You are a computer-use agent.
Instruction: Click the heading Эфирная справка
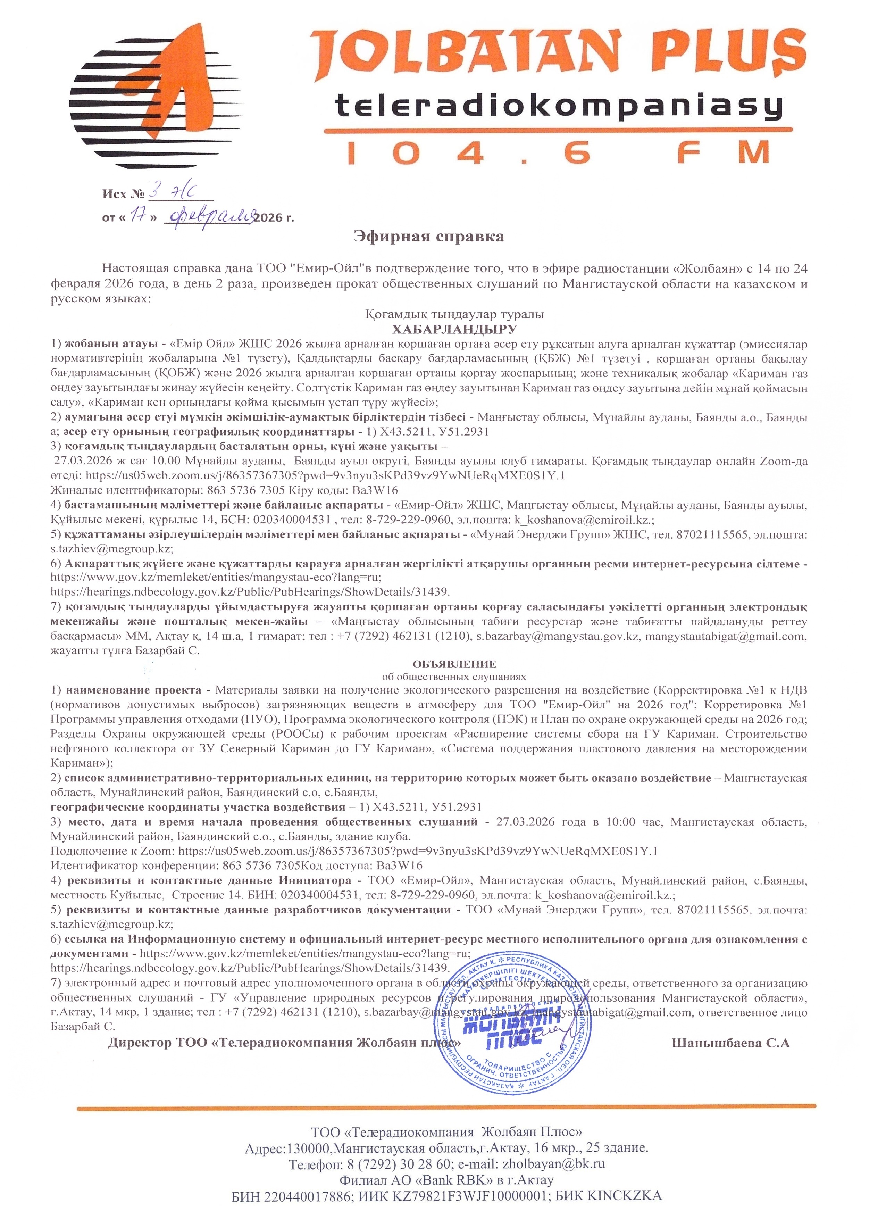(429, 237)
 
